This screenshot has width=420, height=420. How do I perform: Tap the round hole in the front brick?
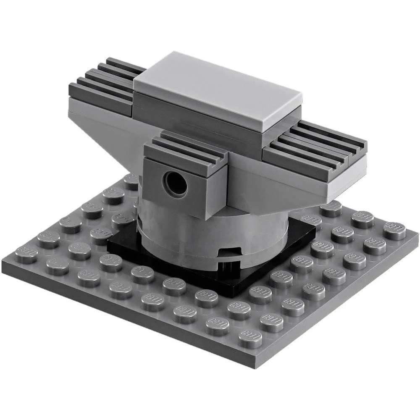click(x=175, y=184)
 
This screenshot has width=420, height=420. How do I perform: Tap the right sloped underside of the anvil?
click(x=273, y=185)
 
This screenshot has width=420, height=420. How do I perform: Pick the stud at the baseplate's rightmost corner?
click(x=394, y=231)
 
